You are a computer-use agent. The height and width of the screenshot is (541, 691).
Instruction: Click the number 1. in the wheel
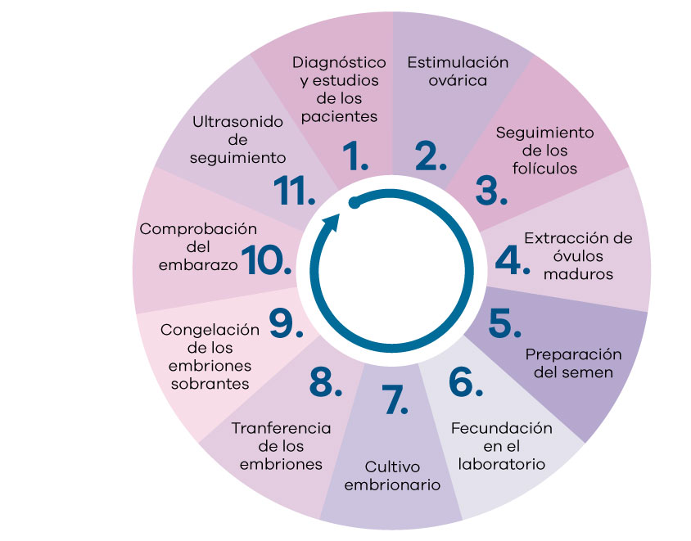[355, 156]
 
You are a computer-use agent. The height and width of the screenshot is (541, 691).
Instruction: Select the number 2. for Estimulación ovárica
[431, 156]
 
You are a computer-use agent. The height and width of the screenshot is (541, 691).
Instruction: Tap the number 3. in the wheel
[491, 191]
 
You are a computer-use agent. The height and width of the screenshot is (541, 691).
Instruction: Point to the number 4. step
[512, 260]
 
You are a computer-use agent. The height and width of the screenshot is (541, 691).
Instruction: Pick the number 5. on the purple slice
[504, 323]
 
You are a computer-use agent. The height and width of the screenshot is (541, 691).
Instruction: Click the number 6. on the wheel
[465, 381]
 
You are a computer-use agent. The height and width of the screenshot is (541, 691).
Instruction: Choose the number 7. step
[394, 399]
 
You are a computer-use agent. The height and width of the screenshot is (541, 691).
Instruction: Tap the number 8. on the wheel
[326, 381]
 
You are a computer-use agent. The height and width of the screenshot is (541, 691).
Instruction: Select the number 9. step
[286, 323]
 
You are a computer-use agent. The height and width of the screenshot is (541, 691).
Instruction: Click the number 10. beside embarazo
[266, 260]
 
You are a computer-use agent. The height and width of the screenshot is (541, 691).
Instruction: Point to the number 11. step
[295, 191]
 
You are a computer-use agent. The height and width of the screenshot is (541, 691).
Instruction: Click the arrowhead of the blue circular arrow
[331, 223]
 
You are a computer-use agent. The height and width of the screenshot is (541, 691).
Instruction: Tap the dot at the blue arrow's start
[354, 203]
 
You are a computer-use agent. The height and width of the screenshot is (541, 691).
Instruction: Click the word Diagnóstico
[339, 62]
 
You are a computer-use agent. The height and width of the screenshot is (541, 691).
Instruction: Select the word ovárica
[458, 81]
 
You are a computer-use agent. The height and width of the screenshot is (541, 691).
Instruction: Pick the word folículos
[544, 169]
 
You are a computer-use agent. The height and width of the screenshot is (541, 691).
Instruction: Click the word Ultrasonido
[237, 122]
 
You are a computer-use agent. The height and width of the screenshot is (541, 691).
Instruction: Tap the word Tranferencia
[281, 428]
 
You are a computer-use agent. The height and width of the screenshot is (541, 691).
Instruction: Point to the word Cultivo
[392, 467]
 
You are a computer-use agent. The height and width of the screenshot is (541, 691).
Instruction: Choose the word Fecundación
[502, 428]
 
